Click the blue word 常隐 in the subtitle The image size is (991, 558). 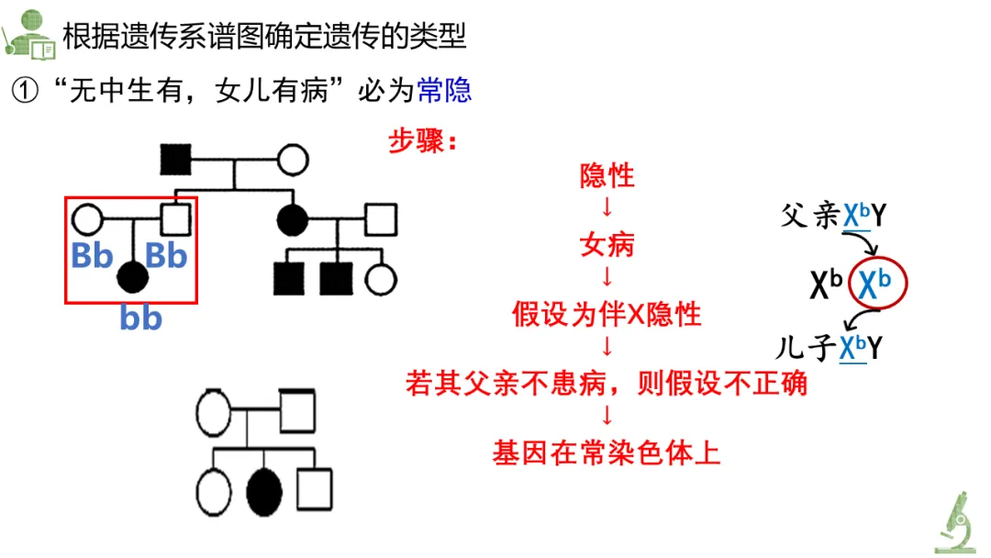[444, 90]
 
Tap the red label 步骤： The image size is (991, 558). [423, 141]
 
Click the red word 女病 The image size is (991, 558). [607, 245]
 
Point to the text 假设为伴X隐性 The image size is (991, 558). [607, 315]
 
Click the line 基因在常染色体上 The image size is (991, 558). [607, 453]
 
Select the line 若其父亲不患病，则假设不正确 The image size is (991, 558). [607, 384]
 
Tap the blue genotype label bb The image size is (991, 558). [141, 318]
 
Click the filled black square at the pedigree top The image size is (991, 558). [174, 160]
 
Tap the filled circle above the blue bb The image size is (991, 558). [133, 274]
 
